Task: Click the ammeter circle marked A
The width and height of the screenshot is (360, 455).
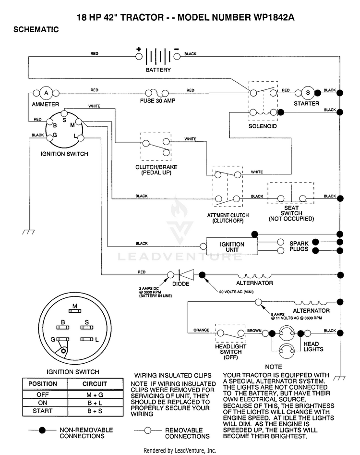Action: (46, 93)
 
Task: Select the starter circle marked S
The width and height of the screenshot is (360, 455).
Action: (308, 93)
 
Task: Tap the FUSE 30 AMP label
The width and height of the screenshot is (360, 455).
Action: (158, 101)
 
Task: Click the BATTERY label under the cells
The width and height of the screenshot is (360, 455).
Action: (158, 70)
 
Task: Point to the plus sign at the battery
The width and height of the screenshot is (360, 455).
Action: (139, 49)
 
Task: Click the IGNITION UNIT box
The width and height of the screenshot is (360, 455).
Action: (232, 246)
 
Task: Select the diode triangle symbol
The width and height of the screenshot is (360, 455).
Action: (186, 275)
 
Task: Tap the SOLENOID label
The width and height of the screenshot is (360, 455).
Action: (263, 126)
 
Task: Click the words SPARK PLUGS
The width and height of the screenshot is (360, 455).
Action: (299, 246)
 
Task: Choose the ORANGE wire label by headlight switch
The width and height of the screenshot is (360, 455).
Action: (202, 330)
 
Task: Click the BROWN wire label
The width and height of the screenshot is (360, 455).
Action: (254, 331)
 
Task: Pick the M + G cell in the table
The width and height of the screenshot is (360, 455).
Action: (95, 395)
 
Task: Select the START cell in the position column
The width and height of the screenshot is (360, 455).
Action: (43, 411)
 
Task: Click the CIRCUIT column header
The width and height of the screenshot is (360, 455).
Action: (95, 384)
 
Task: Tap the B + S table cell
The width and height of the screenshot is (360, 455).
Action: (95, 411)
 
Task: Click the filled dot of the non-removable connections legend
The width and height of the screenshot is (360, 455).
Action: (42, 430)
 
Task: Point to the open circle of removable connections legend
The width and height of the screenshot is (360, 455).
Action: (148, 430)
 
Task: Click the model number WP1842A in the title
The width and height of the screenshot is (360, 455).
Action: (274, 17)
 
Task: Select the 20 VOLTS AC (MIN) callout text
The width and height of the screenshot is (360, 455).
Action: (236, 292)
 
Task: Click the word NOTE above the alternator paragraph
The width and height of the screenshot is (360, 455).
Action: (273, 367)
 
